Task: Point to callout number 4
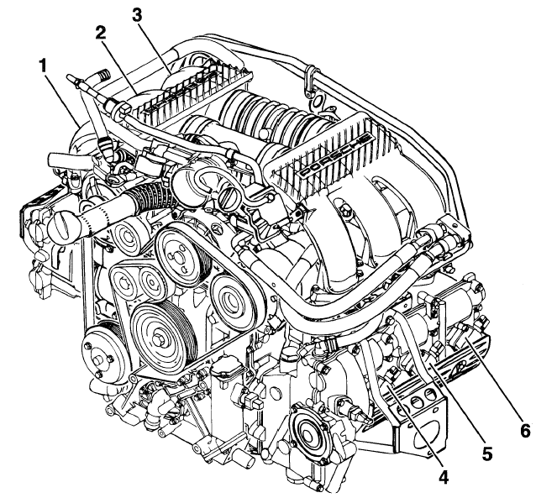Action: tap(442, 477)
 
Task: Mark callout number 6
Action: tap(523, 431)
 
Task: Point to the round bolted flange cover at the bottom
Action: tap(310, 430)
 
